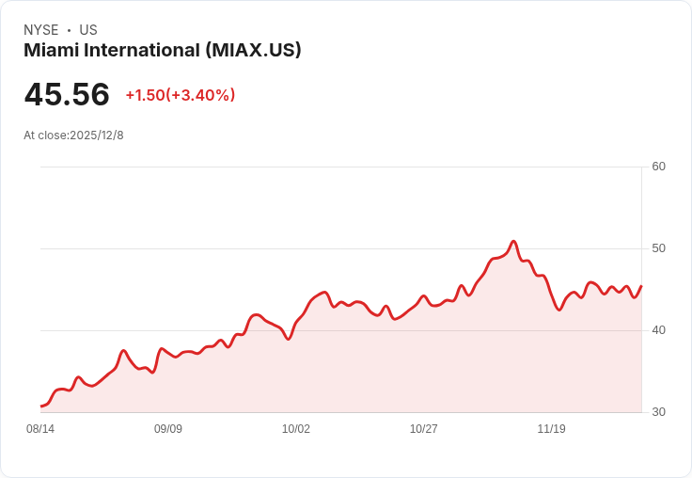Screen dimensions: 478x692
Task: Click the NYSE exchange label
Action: coord(41,30)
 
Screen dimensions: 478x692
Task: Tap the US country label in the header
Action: coord(88,30)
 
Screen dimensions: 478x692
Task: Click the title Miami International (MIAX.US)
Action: coord(163,51)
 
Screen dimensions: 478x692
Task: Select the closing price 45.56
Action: coord(67,95)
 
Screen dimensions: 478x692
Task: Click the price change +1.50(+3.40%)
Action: coord(180,95)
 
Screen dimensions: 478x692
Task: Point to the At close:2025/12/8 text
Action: coord(73,135)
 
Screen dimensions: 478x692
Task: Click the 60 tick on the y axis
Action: coord(658,167)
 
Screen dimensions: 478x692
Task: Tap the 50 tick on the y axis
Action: coord(658,248)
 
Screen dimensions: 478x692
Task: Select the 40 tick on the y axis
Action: coord(658,330)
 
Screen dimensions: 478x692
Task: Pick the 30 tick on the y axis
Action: coord(658,412)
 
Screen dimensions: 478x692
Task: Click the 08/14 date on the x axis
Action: coord(40,429)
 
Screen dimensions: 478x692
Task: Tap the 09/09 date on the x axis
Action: coord(168,429)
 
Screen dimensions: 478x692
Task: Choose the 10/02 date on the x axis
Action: coord(296,429)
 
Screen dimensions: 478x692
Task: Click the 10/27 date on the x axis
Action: coord(424,429)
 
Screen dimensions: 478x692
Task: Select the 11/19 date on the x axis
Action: coord(552,429)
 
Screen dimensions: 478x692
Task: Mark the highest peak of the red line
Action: coord(513,242)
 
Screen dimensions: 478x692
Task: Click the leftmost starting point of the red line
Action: coord(41,406)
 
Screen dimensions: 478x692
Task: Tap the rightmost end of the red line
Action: coord(641,286)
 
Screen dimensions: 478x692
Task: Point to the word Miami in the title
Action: coord(46,51)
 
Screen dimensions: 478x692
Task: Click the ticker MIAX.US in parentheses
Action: coord(253,51)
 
